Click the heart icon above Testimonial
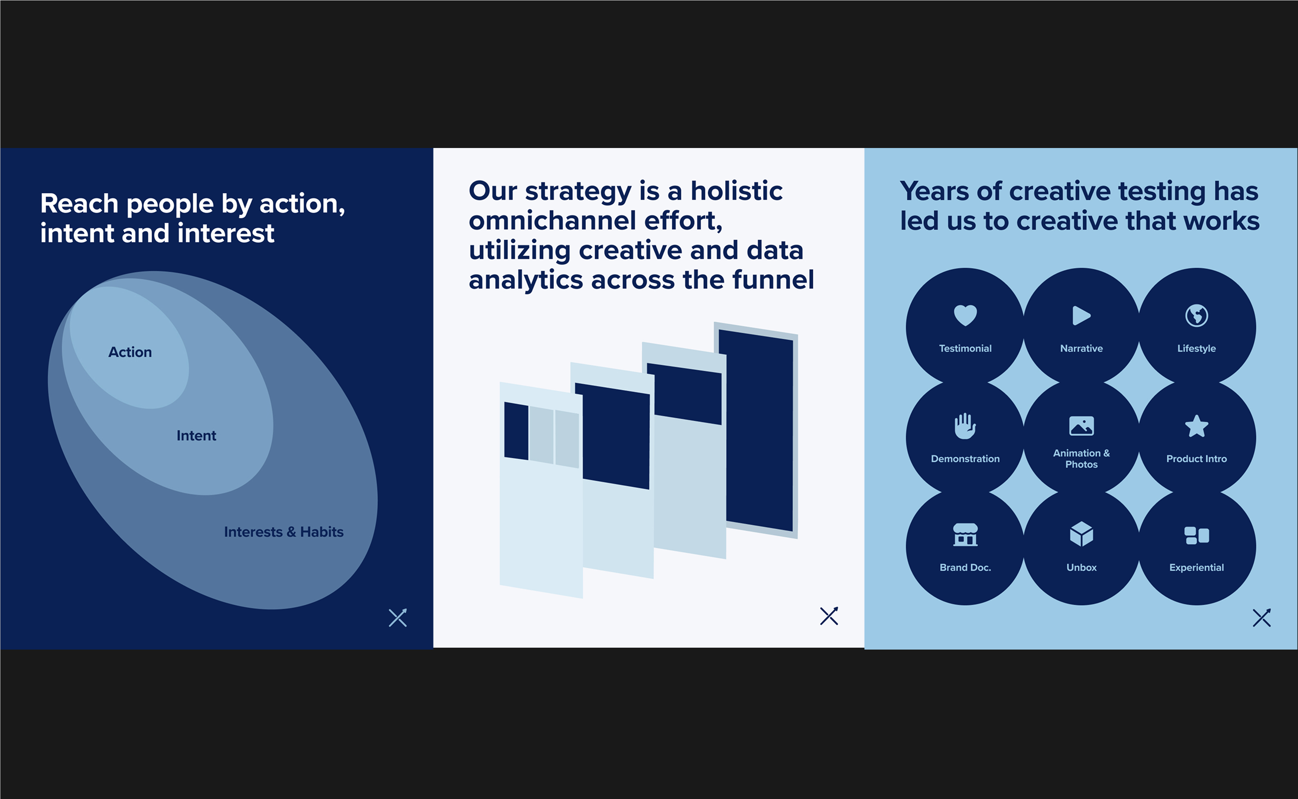tap(965, 316)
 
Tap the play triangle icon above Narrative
tap(1082, 316)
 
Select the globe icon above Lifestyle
tap(1197, 316)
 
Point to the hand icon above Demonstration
tap(965, 426)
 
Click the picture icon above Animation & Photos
tap(1082, 426)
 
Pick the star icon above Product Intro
tap(1197, 426)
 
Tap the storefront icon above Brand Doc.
tap(965, 535)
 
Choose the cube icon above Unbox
tap(1082, 534)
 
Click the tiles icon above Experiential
tap(1197, 535)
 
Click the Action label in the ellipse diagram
tap(130, 352)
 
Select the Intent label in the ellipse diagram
tap(197, 435)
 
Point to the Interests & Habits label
tap(284, 532)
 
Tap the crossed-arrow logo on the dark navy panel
tap(398, 618)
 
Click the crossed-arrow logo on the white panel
tap(829, 616)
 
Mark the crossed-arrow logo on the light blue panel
tap(1261, 618)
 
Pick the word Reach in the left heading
tap(79, 204)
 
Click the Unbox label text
tap(1082, 568)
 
